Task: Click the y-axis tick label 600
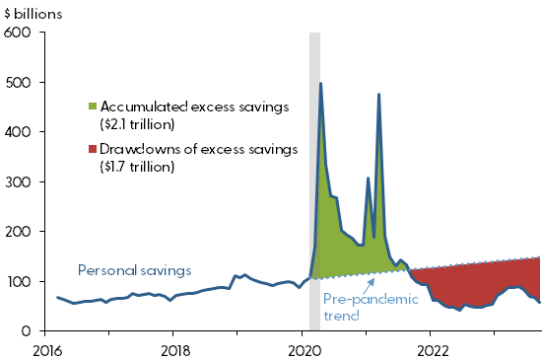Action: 20,32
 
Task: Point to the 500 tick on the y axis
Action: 20,82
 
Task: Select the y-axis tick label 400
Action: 20,131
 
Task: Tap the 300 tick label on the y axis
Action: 20,181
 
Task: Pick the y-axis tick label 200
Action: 20,231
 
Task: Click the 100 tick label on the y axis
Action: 20,281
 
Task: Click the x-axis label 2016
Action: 45,349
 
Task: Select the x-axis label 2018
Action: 174,349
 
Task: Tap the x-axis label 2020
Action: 304,349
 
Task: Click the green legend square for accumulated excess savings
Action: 94,106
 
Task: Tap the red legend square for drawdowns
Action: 94,149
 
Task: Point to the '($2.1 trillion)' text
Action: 142,123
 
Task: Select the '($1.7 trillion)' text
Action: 141,167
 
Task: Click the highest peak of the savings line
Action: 320,84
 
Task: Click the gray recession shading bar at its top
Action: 314,36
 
